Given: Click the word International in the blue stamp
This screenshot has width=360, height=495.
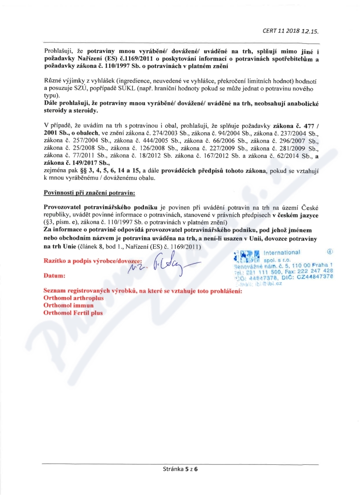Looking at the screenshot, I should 281,252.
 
